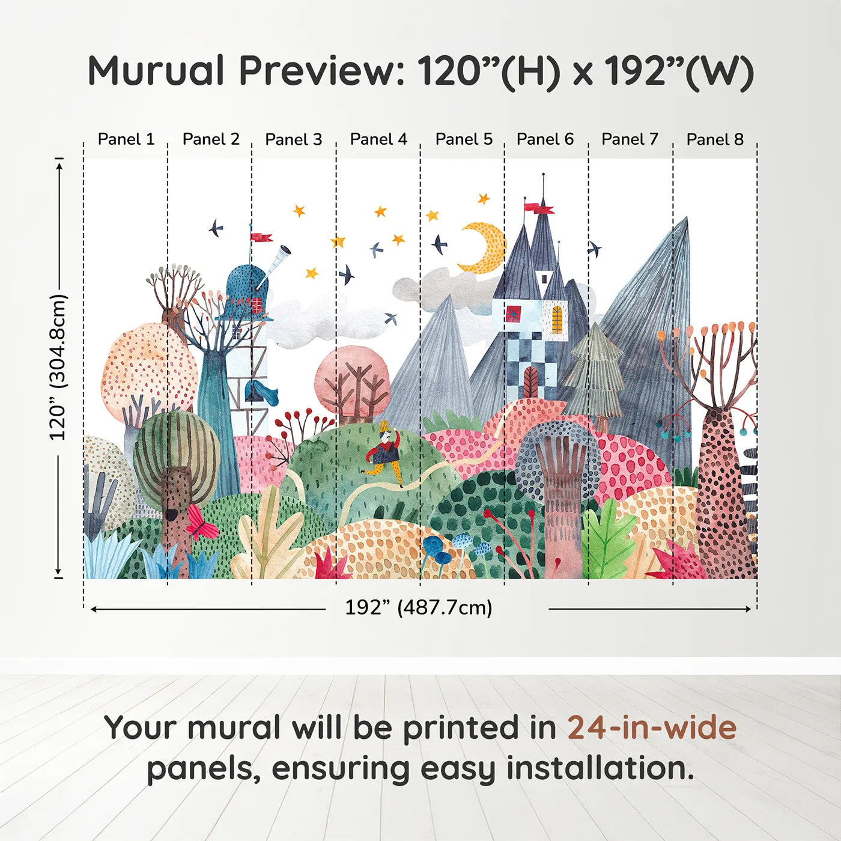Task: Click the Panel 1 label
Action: click(x=126, y=139)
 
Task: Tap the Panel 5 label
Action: click(x=464, y=139)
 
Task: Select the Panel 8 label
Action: click(x=715, y=139)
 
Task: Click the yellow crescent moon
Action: click(x=484, y=247)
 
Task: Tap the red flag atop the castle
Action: click(x=538, y=208)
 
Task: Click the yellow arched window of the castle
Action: click(x=557, y=319)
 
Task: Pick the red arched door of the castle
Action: click(x=530, y=382)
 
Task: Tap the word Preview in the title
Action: click(x=317, y=71)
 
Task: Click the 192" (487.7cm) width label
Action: click(x=419, y=607)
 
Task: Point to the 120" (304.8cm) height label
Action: click(x=58, y=367)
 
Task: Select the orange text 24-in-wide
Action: click(x=652, y=727)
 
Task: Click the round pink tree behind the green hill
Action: click(x=353, y=378)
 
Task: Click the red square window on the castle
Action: click(x=514, y=314)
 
